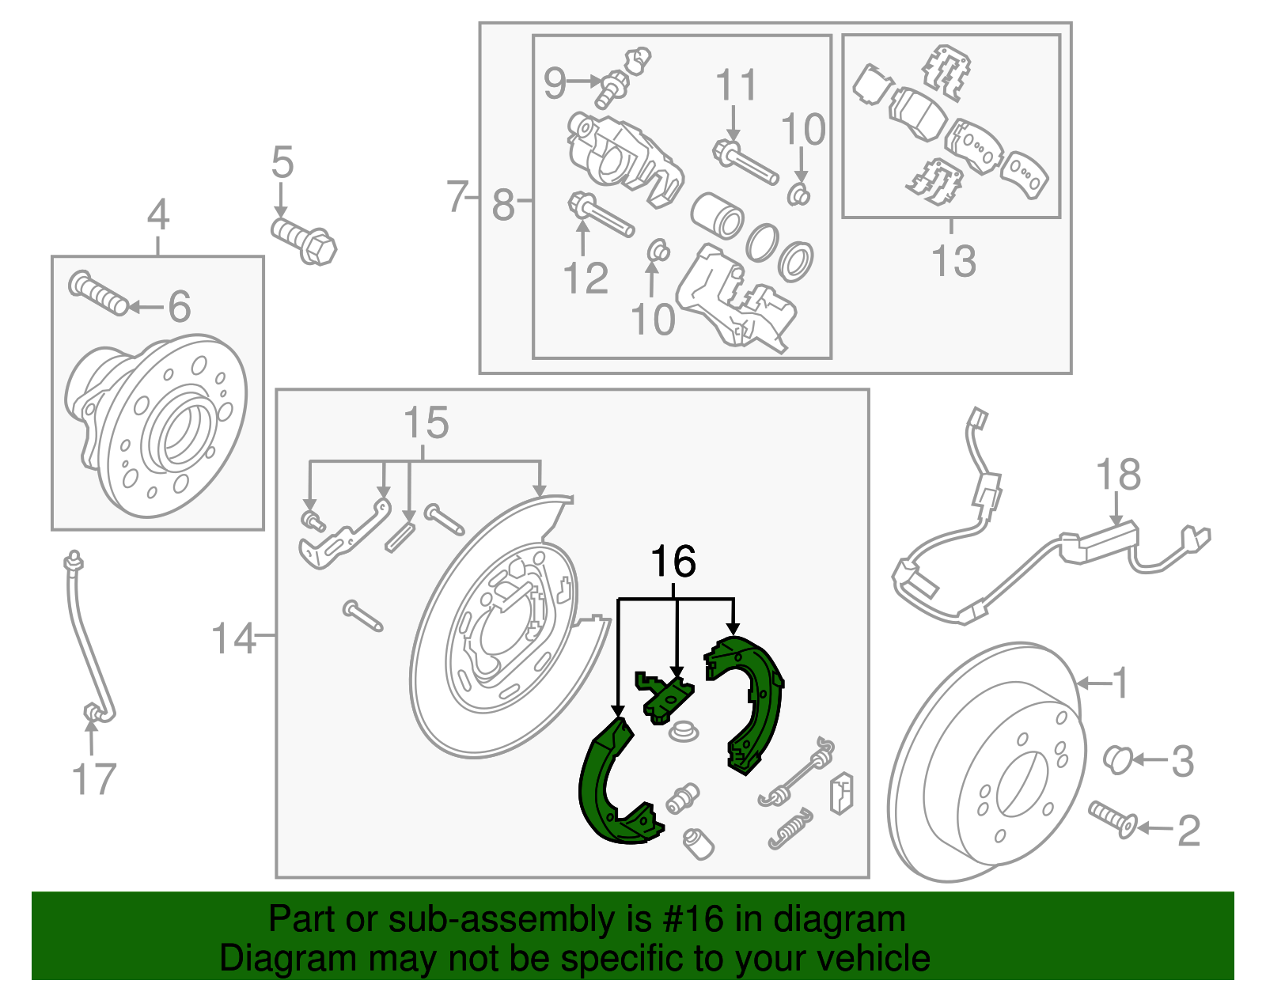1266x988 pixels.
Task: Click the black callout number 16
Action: click(673, 562)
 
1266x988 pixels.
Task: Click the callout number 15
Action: click(426, 423)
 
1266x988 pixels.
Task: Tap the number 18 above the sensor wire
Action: click(1117, 475)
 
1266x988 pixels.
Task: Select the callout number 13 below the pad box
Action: click(953, 261)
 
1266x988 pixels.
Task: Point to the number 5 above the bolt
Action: click(282, 163)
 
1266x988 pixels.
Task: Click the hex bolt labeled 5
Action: click(305, 238)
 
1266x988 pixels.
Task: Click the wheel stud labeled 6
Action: click(98, 293)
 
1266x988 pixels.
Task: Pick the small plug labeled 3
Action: click(1116, 758)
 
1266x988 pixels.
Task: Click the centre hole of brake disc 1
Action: click(1021, 783)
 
